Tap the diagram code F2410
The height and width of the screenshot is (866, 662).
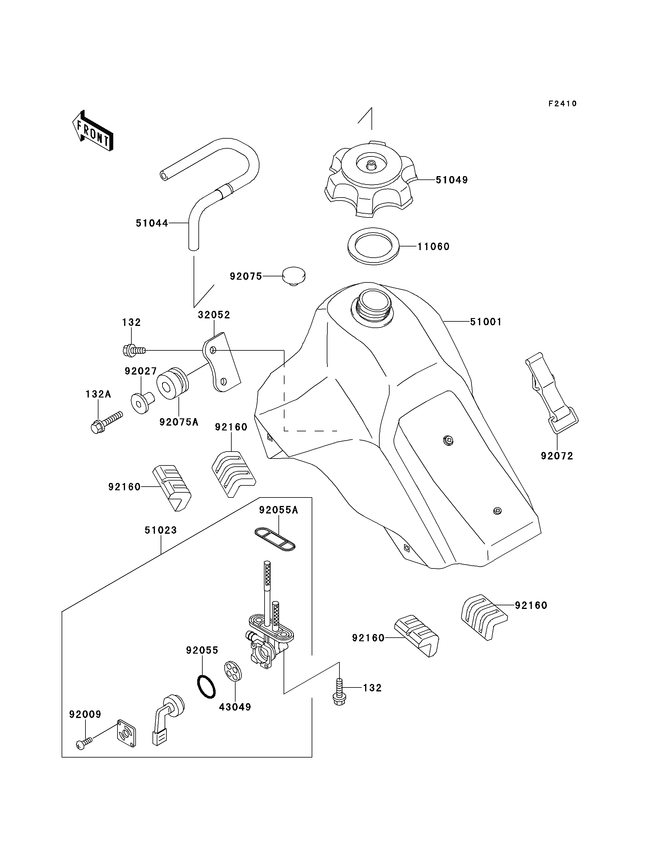(x=563, y=104)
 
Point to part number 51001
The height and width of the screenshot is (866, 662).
(x=486, y=322)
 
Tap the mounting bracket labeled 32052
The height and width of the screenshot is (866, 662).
(x=221, y=362)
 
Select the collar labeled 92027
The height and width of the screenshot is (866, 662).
(x=142, y=402)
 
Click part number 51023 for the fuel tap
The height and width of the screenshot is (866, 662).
(x=161, y=530)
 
